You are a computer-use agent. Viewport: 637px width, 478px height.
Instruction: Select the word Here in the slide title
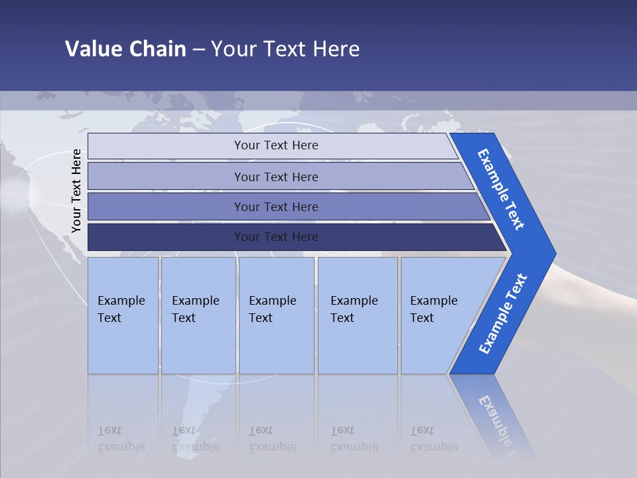(x=336, y=49)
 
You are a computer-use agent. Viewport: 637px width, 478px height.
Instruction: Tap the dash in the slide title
(x=198, y=50)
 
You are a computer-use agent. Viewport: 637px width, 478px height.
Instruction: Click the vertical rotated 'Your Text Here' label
(x=76, y=191)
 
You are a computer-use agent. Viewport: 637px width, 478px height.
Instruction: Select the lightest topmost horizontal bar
(x=275, y=145)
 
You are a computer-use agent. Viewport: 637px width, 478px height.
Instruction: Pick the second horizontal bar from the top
(x=275, y=177)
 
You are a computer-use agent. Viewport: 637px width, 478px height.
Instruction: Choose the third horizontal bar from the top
(x=275, y=206)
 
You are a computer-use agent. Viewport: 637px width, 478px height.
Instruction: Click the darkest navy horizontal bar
(x=275, y=237)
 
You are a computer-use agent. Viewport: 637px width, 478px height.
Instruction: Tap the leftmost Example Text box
(x=123, y=315)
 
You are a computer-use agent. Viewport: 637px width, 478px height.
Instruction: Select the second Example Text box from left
(x=198, y=315)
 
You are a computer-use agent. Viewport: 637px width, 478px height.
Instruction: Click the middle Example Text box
(x=276, y=315)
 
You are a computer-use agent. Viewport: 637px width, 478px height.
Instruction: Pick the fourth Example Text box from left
(x=357, y=315)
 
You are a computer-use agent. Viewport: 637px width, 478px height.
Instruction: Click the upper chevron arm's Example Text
(x=501, y=189)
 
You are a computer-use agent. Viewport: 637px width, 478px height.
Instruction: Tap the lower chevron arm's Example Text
(x=502, y=314)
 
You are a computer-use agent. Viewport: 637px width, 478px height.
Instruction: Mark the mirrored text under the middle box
(x=272, y=439)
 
